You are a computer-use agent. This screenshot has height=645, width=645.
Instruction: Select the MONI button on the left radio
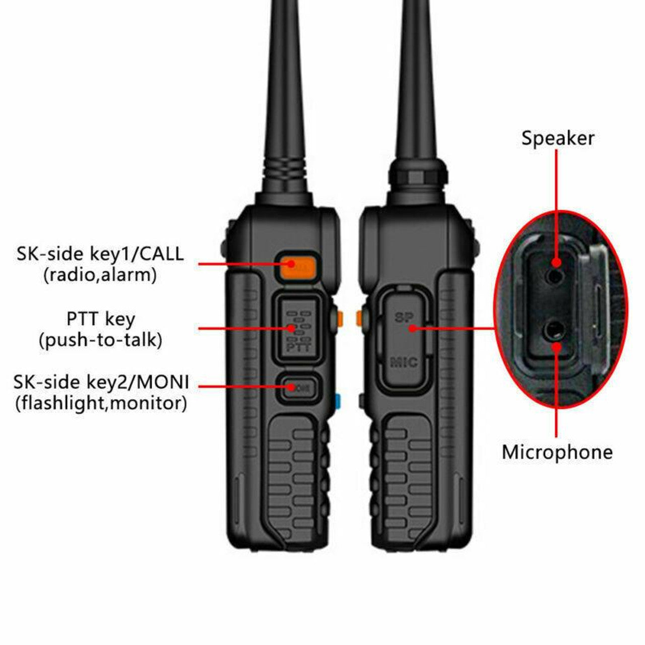[298, 387]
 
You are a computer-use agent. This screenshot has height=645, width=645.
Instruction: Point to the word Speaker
[557, 138]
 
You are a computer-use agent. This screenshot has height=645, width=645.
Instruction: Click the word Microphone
[557, 452]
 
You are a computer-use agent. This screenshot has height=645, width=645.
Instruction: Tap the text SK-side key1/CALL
[100, 253]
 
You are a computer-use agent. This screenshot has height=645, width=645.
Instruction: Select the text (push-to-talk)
[100, 341]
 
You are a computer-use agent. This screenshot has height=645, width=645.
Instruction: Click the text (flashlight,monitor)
[101, 403]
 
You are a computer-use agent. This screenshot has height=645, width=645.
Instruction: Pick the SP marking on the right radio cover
[404, 317]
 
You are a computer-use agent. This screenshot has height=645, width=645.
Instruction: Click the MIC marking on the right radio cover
[404, 362]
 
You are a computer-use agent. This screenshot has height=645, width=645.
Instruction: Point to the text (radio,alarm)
[100, 275]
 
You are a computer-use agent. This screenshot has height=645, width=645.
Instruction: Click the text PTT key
[100, 319]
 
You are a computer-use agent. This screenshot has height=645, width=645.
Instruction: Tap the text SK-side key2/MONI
[101, 382]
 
